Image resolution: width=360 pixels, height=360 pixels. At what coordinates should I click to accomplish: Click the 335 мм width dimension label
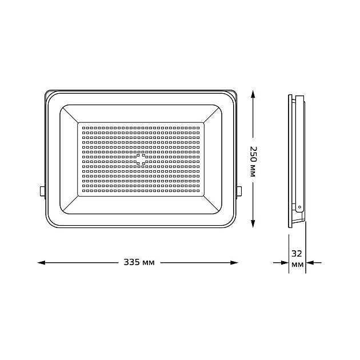(139, 263)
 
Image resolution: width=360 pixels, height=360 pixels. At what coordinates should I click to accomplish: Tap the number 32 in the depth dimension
(297, 253)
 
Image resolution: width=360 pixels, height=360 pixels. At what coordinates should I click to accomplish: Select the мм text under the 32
(297, 265)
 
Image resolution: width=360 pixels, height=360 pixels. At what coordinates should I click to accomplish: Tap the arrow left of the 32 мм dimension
(284, 263)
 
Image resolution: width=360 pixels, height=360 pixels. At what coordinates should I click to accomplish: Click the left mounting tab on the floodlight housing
(42, 191)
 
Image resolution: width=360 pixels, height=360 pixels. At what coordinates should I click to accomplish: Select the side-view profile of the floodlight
(295, 160)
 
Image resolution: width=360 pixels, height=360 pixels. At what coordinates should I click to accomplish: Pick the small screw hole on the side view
(299, 207)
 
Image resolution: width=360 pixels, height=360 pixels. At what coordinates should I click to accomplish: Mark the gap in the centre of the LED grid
(141, 158)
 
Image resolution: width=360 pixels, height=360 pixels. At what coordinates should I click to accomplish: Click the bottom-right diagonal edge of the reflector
(212, 205)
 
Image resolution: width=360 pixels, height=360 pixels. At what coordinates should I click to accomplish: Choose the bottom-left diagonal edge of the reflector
(69, 205)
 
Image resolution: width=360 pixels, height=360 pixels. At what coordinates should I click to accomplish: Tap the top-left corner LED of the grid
(82, 126)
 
